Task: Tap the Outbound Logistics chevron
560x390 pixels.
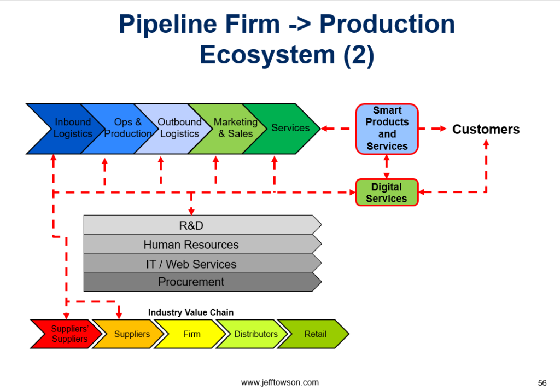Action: tap(179, 129)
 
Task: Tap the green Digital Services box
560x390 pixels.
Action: tap(387, 193)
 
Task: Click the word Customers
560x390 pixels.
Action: tap(486, 130)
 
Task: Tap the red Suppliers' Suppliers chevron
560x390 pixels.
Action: tap(68, 334)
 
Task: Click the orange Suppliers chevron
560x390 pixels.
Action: tap(131, 334)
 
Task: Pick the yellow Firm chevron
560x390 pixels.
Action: tap(191, 334)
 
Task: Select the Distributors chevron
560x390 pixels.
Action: tap(255, 334)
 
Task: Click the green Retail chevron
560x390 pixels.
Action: tap(315, 334)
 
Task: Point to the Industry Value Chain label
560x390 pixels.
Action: tap(191, 313)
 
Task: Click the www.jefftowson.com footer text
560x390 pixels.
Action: tap(279, 382)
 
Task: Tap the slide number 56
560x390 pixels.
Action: tap(542, 382)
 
